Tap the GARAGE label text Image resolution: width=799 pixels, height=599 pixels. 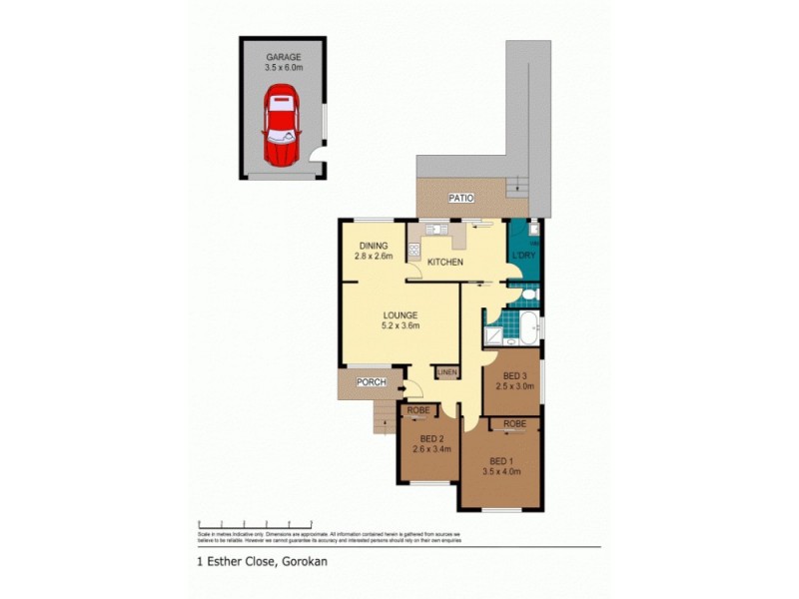click(283, 58)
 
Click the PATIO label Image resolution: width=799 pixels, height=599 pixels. click(460, 199)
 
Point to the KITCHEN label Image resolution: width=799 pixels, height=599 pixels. click(445, 262)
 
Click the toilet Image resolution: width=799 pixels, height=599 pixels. click(529, 297)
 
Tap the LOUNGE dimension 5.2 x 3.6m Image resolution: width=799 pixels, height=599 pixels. click(399, 325)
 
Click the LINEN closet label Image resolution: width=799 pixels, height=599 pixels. click(446, 373)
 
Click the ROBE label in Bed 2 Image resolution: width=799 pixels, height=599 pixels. click(416, 409)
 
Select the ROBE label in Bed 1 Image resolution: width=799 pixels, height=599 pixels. click(514, 424)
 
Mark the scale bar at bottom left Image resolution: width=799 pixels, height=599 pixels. click(256, 523)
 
